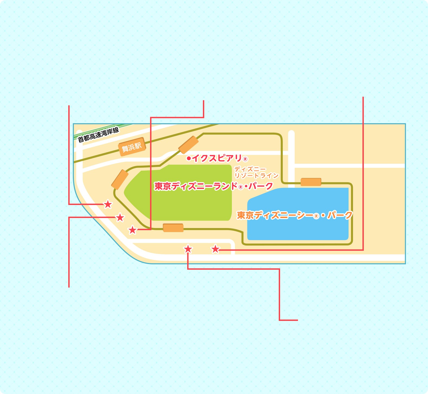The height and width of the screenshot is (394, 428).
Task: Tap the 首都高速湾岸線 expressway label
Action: pos(98,135)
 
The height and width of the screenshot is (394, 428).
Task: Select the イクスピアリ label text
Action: pos(217,158)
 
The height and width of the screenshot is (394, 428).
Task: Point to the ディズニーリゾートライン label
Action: pos(256,172)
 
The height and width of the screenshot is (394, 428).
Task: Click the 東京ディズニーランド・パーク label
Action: pos(213,186)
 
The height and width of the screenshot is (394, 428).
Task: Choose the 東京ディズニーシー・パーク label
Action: pos(295,215)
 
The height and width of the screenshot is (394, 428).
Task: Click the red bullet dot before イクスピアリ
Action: pos(189,158)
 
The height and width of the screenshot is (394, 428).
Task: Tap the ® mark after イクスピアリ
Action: pos(245,159)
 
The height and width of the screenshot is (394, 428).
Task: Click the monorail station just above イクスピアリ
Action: pos(189,145)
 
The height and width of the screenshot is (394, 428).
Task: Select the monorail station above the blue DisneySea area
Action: pos(311,182)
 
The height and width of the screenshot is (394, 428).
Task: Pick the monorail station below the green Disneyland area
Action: pos(173,228)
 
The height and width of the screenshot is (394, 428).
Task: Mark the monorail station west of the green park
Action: pos(120,180)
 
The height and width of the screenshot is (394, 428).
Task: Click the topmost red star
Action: pos(108,204)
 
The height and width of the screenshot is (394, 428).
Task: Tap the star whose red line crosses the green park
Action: pos(132,230)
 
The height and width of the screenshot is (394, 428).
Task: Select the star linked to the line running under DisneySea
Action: pos(215,249)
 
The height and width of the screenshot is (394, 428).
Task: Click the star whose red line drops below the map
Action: pos(188,249)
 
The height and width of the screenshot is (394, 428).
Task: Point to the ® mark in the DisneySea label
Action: pos(316,216)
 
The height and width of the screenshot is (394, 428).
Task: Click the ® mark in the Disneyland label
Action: pos(241,187)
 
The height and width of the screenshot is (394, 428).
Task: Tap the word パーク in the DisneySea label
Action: pos(340,215)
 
